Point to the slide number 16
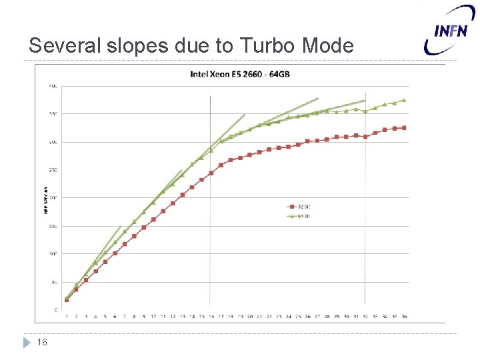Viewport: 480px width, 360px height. tap(42, 343)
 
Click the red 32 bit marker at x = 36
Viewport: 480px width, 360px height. tap(404, 128)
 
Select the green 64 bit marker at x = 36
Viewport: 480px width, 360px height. tap(404, 100)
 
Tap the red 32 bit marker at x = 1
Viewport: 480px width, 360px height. tap(67, 299)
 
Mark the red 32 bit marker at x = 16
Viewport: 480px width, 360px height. tap(211, 173)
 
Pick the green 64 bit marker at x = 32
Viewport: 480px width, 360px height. tap(365, 111)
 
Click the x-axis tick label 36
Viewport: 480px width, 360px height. tap(404, 317)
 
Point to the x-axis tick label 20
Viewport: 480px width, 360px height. tap(250, 317)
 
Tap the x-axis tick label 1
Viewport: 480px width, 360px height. tap(67, 317)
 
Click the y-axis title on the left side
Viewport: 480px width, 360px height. tap(46, 200)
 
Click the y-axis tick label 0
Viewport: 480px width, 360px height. tap(55, 310)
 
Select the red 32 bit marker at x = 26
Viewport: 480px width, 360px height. tap(307, 141)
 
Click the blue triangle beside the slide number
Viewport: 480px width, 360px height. tap(27, 343)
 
